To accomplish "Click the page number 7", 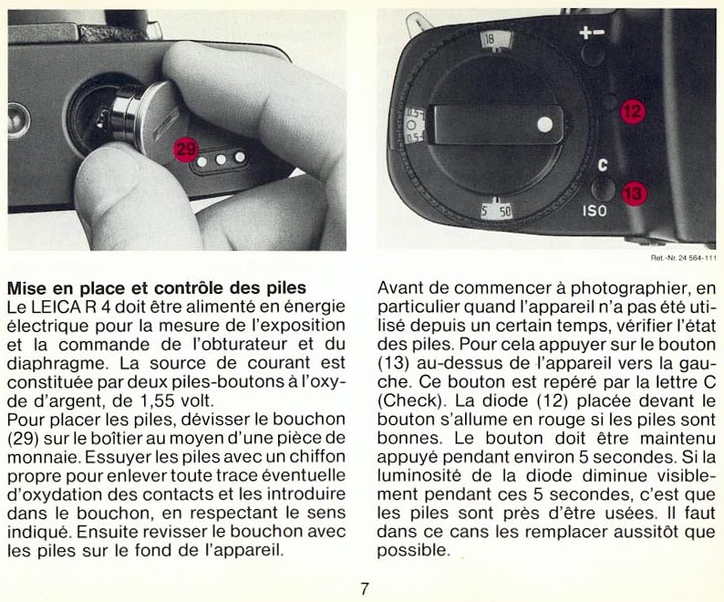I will (363, 589).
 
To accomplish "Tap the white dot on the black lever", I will (544, 122).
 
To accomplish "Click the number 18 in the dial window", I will (490, 39).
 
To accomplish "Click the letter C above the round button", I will (601, 167).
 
